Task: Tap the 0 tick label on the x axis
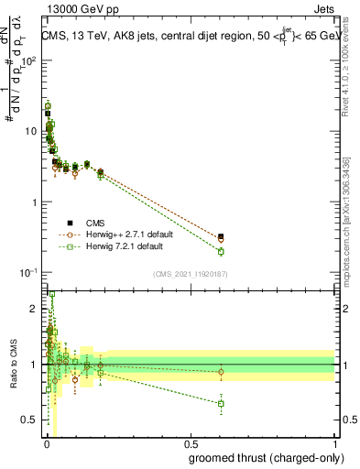pos(46,444)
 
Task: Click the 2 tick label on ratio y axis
pos(36,310)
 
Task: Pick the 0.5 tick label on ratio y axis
pos(32,420)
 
